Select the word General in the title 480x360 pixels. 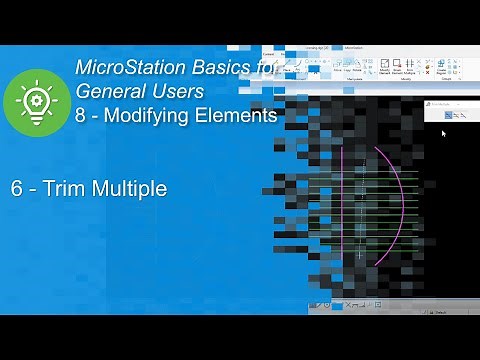coord(108,92)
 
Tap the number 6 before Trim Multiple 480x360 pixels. coord(17,187)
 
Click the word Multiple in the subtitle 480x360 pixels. coord(125,187)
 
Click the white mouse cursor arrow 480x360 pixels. coord(443,132)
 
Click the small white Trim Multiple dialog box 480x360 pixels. coord(451,112)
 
